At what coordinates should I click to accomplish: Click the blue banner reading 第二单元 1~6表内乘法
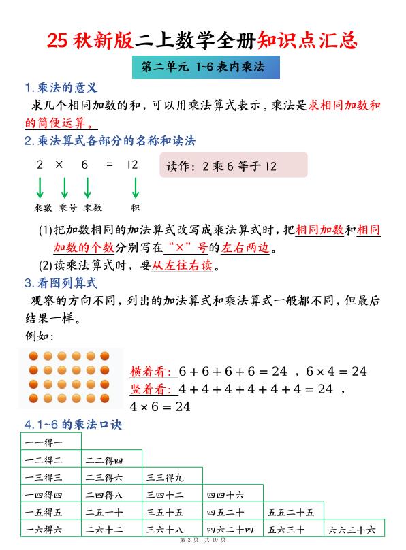pos(203,68)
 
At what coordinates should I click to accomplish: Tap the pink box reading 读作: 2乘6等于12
pos(233,165)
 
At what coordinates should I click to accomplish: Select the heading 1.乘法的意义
pos(62,88)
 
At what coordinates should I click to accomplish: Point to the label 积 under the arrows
pos(136,207)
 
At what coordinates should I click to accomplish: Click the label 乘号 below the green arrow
pos(66,207)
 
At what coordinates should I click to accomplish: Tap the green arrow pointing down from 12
pos(136,187)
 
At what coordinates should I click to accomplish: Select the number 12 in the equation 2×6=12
pos(132,165)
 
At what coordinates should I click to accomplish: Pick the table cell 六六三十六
pos(354,529)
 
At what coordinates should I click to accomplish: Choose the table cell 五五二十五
pos(293,512)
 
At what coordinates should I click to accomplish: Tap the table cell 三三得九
pos(172,477)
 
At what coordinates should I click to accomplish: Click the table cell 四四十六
pos(232,494)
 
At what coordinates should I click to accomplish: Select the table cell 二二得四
pos(112,459)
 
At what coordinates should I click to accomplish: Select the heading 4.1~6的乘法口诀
pos(73,423)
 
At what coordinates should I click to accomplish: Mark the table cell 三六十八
pos(172,529)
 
